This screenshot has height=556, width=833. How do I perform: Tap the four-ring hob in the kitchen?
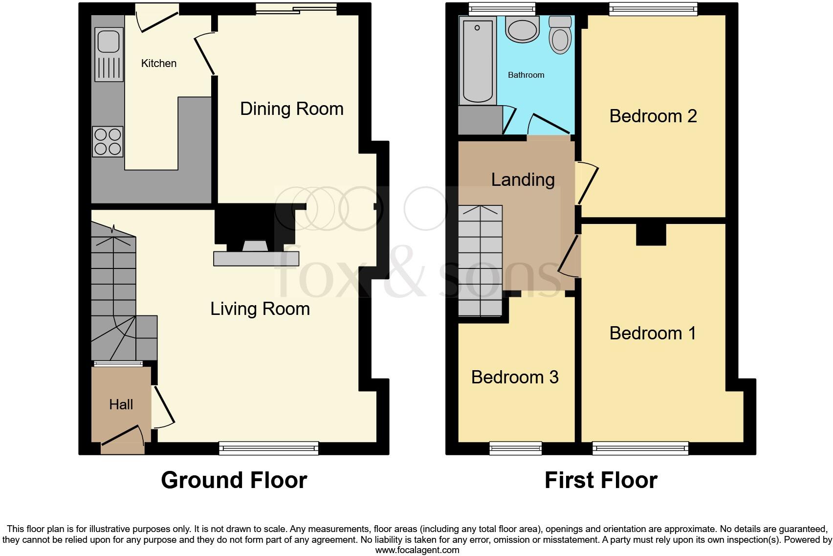[108, 142]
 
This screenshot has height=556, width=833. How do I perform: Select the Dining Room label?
[292, 109]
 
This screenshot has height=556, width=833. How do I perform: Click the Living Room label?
[260, 309]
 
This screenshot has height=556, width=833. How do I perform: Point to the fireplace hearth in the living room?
[256, 259]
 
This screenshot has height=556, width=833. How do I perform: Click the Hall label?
[121, 404]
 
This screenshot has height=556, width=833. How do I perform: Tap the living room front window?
[269, 447]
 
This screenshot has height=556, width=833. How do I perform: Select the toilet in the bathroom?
[560, 35]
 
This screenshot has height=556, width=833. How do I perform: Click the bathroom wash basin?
[522, 29]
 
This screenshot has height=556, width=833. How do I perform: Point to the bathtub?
[477, 60]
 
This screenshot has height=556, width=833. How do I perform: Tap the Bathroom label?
[526, 75]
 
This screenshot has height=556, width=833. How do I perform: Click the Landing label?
[523, 179]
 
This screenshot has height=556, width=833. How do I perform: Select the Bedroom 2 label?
[653, 116]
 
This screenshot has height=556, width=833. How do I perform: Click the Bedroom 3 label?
[515, 377]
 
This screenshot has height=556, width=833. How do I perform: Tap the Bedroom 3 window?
[516, 447]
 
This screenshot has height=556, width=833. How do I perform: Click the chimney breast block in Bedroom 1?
[651, 234]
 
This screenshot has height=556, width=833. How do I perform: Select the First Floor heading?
[600, 480]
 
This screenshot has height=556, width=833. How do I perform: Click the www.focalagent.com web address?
[417, 550]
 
